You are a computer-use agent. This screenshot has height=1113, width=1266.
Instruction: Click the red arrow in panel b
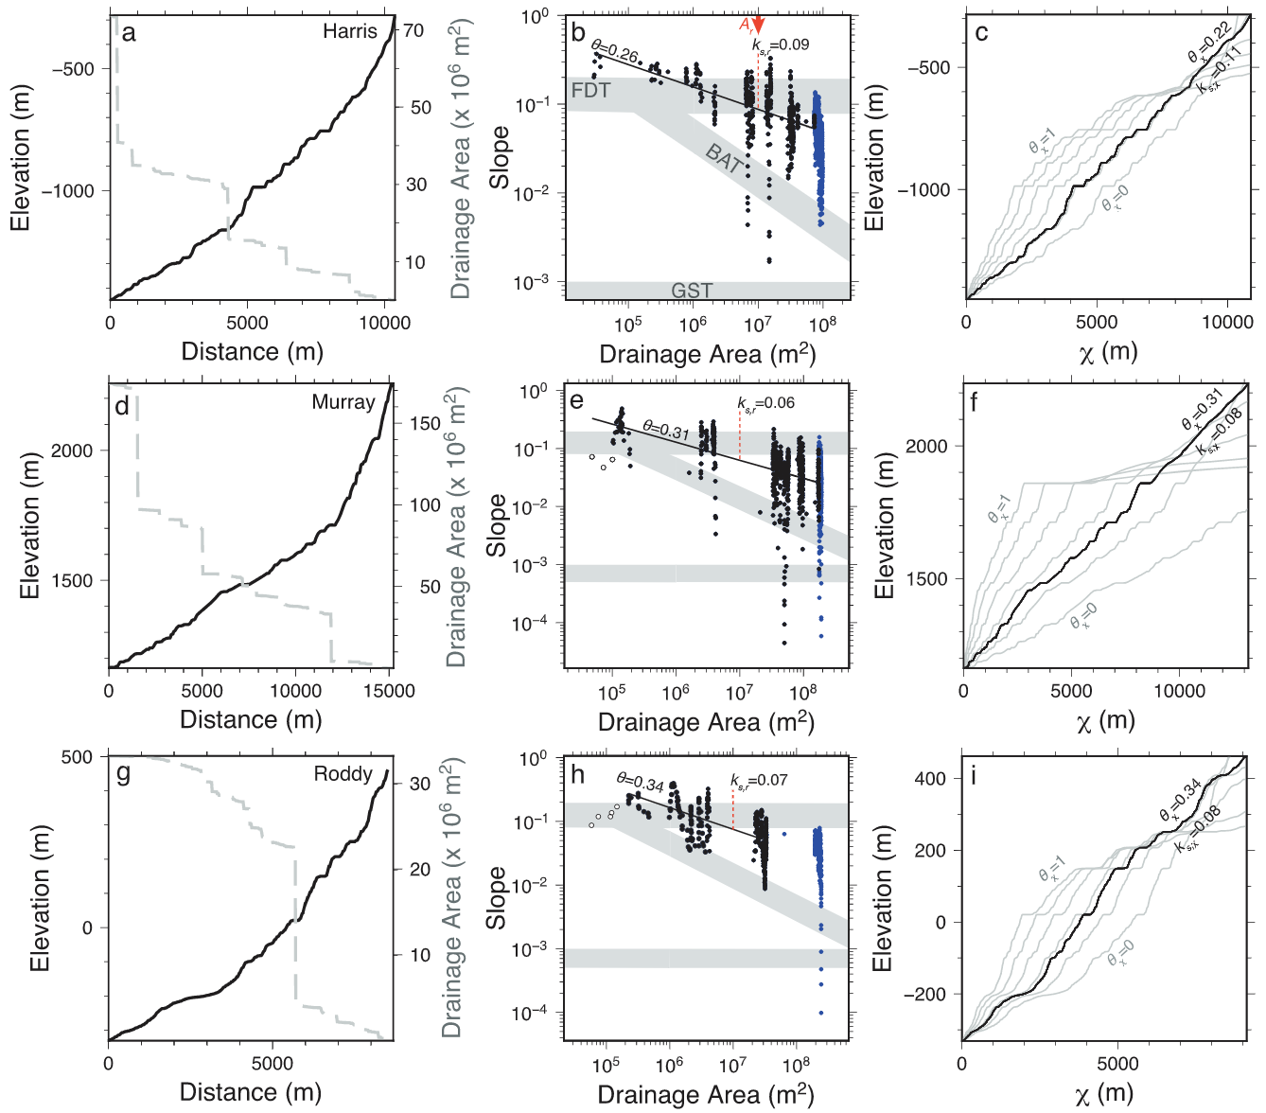click(x=758, y=26)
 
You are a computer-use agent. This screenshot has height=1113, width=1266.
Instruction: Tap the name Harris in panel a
click(x=349, y=31)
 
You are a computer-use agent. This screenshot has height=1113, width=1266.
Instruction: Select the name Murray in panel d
click(x=343, y=402)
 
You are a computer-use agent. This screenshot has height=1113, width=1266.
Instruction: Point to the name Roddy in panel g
click(x=343, y=774)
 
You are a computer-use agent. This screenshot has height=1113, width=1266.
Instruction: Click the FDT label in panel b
click(x=591, y=91)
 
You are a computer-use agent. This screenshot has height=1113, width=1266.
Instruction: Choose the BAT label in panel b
click(x=724, y=158)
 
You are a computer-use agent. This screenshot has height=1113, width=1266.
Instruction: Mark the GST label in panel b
click(x=692, y=291)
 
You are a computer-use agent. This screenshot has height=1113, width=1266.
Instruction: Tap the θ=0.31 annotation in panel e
click(x=666, y=431)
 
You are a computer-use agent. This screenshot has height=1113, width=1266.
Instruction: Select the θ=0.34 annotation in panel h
click(x=641, y=783)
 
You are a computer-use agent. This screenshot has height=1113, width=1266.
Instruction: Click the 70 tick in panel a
click(x=413, y=31)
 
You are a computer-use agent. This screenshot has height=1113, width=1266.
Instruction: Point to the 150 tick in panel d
click(x=425, y=423)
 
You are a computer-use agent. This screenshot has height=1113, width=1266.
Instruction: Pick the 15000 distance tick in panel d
click(x=390, y=691)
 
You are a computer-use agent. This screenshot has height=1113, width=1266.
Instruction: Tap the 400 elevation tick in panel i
click(x=929, y=779)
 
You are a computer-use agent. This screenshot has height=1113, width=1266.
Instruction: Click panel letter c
click(x=981, y=33)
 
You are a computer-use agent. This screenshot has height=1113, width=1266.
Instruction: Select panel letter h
click(x=578, y=776)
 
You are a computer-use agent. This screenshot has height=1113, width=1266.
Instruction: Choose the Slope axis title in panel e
click(x=497, y=525)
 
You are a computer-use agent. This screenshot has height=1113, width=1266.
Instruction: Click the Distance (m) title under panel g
click(x=251, y=1091)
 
